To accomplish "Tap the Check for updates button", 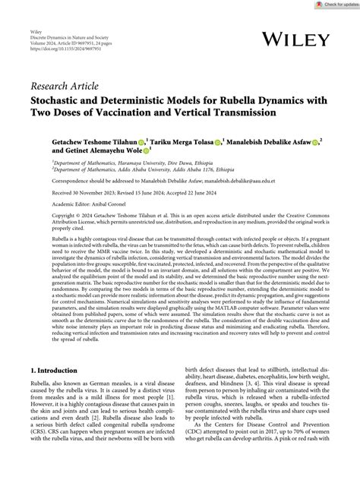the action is point(336,5).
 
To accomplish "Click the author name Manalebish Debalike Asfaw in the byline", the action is point(276,141).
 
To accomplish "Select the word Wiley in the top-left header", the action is point(36,34).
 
